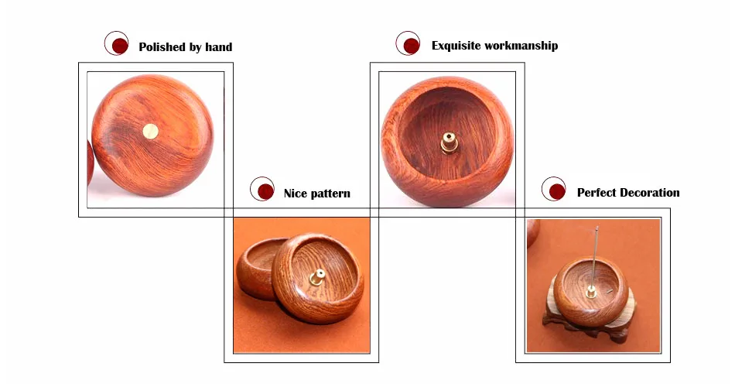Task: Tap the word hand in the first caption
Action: [x=219, y=47]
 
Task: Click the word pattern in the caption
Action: [x=330, y=194]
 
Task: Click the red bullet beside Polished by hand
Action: [x=120, y=46]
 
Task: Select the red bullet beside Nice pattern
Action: [x=266, y=191]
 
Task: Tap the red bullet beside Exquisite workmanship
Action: [x=411, y=46]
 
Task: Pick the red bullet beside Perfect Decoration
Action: [x=557, y=191]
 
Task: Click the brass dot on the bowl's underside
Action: [x=150, y=132]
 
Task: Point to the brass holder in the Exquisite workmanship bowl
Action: [x=449, y=143]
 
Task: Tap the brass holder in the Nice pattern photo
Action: [x=317, y=277]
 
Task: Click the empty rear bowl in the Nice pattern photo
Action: [x=258, y=268]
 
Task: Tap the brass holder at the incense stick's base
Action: [x=591, y=292]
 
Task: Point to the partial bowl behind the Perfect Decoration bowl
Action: [x=533, y=232]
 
